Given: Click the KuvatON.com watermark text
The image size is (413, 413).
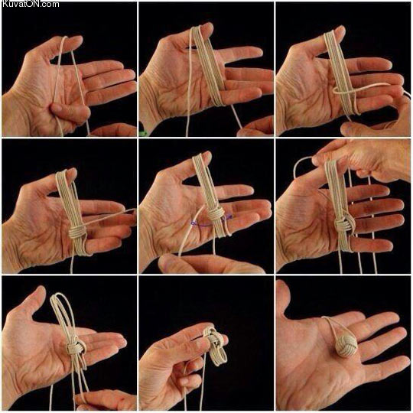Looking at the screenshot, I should tap(31, 5).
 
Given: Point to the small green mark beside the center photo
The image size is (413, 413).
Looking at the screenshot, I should tap(144, 135).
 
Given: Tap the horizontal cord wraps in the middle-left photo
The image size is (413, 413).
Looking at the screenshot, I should tap(76, 229).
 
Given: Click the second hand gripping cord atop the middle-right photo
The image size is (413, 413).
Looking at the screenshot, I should tap(359, 157).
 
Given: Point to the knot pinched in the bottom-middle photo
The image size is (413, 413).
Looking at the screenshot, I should tap(214, 340).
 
